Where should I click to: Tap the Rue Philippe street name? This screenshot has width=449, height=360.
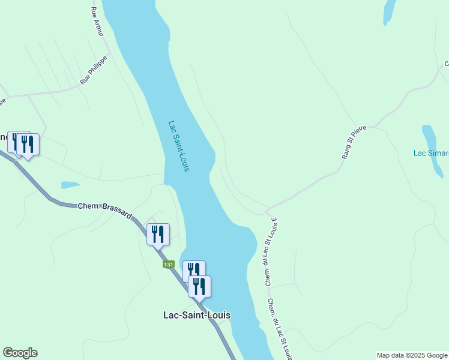click(x=94, y=70)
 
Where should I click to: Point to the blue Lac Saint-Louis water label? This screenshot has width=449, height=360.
click(x=179, y=146)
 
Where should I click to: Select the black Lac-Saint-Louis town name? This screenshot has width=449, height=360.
click(x=197, y=315)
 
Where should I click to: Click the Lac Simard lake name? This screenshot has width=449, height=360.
click(x=430, y=153)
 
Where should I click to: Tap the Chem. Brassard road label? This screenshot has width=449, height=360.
click(x=105, y=211)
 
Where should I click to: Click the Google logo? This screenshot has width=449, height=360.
click(x=20, y=353)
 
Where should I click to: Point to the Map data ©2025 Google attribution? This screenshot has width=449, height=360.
click(x=412, y=355)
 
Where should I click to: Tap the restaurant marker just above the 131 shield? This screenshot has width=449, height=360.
click(x=158, y=235)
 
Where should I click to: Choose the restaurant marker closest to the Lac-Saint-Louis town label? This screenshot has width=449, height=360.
click(x=199, y=287)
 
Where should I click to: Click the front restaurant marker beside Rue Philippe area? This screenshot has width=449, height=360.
click(x=28, y=145)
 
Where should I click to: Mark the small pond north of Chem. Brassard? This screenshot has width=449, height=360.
click(x=70, y=185)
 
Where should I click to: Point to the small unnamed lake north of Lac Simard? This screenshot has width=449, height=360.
click(x=389, y=10)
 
